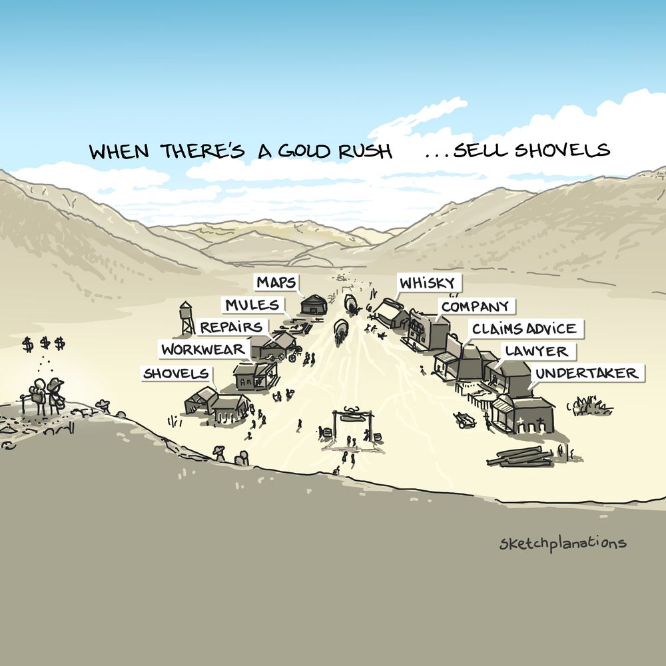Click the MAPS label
pos(276,282)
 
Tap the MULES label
pos(252,304)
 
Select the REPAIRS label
pos(232,327)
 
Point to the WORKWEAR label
pos(203,349)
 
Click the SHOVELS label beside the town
pos(176,374)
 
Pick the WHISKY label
pos(428,282)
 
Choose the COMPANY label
pos(476,306)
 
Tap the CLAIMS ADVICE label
pos(525,328)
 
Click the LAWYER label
pos(537,351)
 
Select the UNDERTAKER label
pos(587,374)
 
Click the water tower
pos(186,318)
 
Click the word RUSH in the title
pos(365,151)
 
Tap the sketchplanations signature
pos(563,543)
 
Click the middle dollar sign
pos(45,343)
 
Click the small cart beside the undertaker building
pos(466,419)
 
